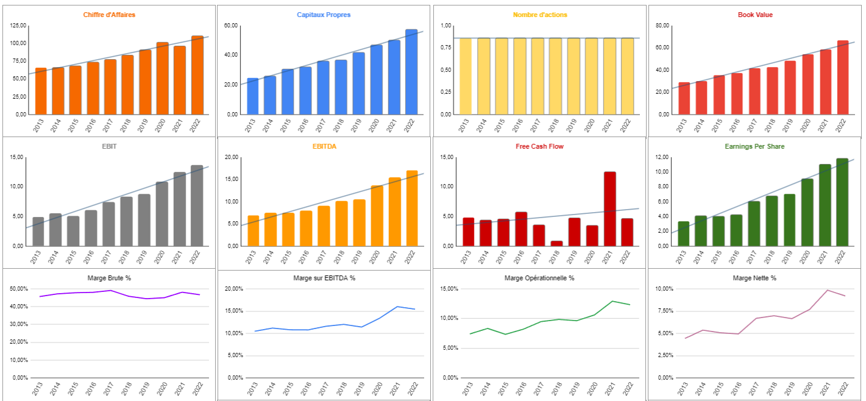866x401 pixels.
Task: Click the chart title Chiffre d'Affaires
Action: point(110,15)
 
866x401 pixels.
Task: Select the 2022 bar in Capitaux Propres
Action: point(411,72)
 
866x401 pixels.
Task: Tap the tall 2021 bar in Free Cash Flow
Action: point(609,209)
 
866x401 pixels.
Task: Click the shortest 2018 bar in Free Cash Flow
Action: point(556,243)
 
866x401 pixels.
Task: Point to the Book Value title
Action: point(755,15)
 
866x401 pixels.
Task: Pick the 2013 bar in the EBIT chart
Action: point(38,232)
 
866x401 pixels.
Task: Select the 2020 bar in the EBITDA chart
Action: point(377,216)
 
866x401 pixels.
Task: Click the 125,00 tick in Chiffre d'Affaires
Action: point(19,26)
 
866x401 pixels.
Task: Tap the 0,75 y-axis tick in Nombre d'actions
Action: point(446,48)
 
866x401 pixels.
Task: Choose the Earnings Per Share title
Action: point(754,146)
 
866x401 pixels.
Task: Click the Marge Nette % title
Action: point(754,278)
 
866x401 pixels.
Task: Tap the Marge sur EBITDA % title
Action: point(323,278)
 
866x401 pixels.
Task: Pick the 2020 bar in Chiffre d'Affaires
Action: point(162,79)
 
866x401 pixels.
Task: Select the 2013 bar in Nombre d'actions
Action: point(466,76)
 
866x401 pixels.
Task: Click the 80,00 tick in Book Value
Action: point(661,26)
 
